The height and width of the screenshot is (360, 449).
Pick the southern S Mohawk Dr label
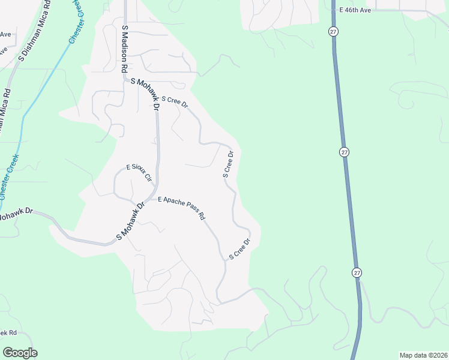pos(131,221)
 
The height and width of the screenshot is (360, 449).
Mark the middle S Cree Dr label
pos(228,164)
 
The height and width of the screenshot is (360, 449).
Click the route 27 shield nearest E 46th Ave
pos(333,31)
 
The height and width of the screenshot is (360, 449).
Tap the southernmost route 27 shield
pos(357,272)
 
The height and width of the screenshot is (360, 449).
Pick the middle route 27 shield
pos(344,152)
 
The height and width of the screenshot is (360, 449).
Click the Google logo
pos(20,352)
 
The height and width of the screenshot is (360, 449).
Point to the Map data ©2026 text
pos(423,355)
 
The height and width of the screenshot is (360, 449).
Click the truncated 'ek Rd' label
pos(8,332)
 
